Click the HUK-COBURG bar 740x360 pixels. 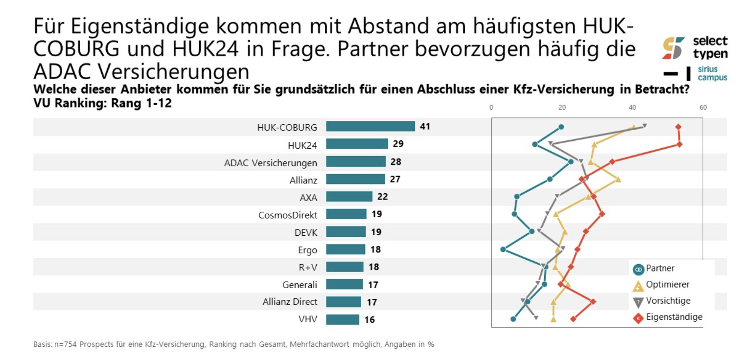(370, 127)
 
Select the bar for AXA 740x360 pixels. (349, 197)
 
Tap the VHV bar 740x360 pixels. (343, 320)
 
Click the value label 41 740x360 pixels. (425, 127)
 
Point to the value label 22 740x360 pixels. (383, 197)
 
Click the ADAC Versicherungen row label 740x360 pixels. (270, 162)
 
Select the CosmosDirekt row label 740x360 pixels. (288, 215)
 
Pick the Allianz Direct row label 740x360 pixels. (290, 302)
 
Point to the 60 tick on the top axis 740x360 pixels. (703, 108)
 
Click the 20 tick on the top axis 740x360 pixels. (562, 108)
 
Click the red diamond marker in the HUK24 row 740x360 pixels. (679, 144)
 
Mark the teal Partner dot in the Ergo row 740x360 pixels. (503, 249)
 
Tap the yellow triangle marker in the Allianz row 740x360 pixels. (618, 180)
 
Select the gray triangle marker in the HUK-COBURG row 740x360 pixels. (645, 126)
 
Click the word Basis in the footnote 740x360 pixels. (42, 344)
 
